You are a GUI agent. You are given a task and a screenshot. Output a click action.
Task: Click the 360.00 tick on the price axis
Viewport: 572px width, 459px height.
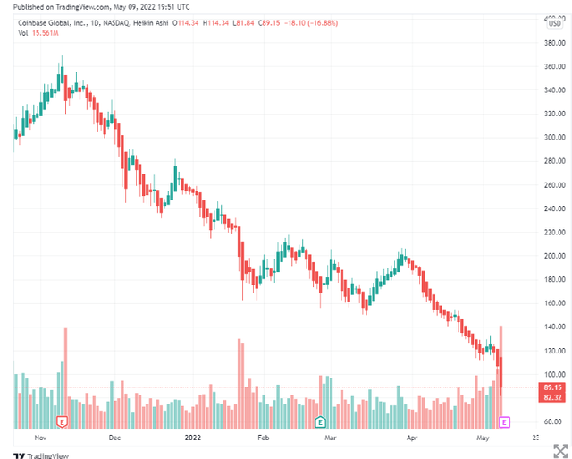(x=554, y=66)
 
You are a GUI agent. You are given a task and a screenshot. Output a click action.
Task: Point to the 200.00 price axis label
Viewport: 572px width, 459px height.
(x=554, y=256)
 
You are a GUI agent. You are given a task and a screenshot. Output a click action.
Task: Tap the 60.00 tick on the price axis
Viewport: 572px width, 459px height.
(x=554, y=421)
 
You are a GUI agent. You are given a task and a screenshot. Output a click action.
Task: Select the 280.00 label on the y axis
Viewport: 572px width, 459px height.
(x=554, y=161)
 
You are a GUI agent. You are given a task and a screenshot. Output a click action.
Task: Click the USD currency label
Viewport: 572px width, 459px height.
(x=554, y=22)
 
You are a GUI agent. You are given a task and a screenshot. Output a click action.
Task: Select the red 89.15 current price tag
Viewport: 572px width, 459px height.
(x=553, y=387)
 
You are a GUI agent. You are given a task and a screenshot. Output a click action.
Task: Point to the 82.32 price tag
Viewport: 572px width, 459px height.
(x=553, y=397)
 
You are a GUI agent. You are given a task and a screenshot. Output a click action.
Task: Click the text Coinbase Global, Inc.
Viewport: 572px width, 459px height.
(x=55, y=21)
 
